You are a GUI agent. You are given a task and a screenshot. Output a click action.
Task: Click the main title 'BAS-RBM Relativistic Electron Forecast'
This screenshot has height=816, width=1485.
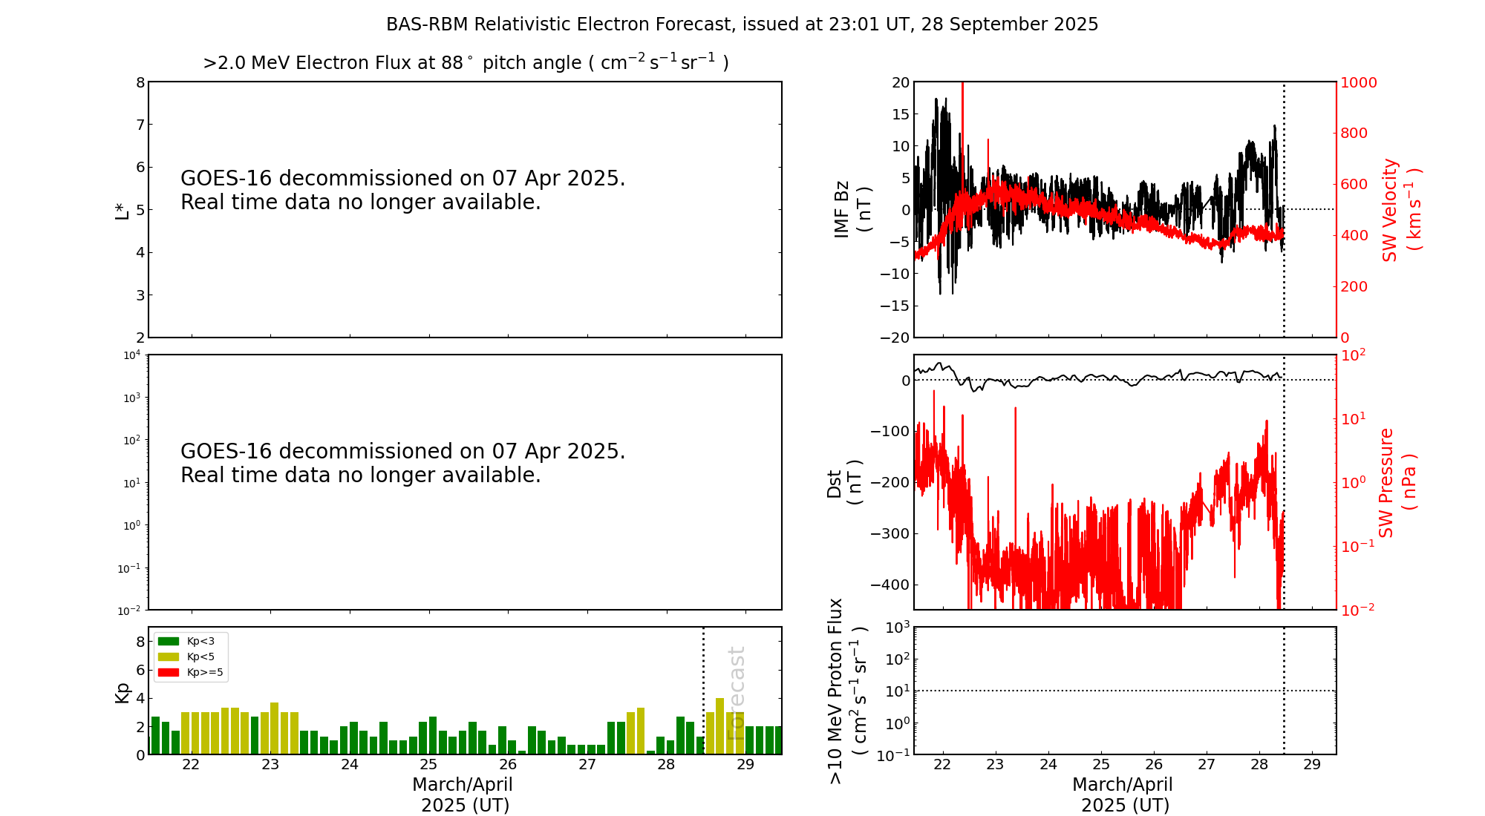point(741,24)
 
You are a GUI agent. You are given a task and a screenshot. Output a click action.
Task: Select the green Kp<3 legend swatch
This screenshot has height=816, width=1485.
point(169,641)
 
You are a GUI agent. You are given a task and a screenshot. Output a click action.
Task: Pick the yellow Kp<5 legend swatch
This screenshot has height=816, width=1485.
point(169,657)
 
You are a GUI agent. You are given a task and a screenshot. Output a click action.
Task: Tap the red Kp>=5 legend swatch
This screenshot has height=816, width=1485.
point(169,673)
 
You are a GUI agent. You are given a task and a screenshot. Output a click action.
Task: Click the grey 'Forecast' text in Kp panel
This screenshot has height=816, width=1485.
point(736,693)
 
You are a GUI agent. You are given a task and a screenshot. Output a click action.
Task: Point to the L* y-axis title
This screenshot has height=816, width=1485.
point(122,210)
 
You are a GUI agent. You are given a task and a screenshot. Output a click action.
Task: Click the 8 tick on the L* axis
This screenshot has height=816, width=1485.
point(140,82)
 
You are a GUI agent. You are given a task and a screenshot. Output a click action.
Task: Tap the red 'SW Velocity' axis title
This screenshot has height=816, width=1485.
point(1390,210)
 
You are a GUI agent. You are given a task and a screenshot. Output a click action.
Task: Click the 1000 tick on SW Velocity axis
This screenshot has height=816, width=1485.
point(1358,82)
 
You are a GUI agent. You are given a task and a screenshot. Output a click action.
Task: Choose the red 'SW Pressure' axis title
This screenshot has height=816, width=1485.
point(1386,482)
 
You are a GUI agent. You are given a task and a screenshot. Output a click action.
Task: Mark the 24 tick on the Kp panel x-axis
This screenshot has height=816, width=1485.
point(349,765)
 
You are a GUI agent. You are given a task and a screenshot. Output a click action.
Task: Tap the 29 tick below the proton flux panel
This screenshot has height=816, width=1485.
point(1312,765)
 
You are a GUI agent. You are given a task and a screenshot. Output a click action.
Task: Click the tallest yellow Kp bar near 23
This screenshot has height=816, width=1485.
point(275,727)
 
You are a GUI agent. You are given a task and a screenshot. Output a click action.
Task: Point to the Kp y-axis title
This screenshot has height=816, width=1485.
point(122,692)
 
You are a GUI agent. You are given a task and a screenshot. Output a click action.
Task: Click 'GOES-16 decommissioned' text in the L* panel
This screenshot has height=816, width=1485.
point(402,179)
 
